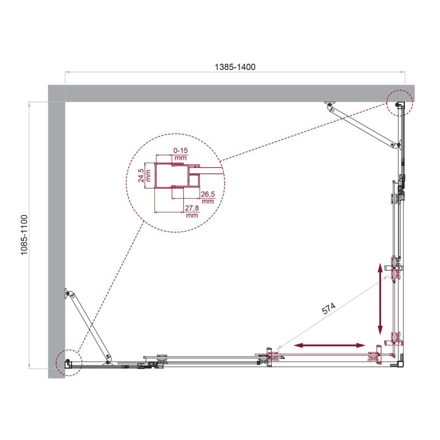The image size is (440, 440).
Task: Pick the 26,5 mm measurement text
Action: tap(207, 197)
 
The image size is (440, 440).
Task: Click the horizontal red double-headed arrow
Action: tap(329, 345)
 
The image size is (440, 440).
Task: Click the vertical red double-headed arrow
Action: tap(380, 299)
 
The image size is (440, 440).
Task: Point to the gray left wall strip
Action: tap(57, 231)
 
